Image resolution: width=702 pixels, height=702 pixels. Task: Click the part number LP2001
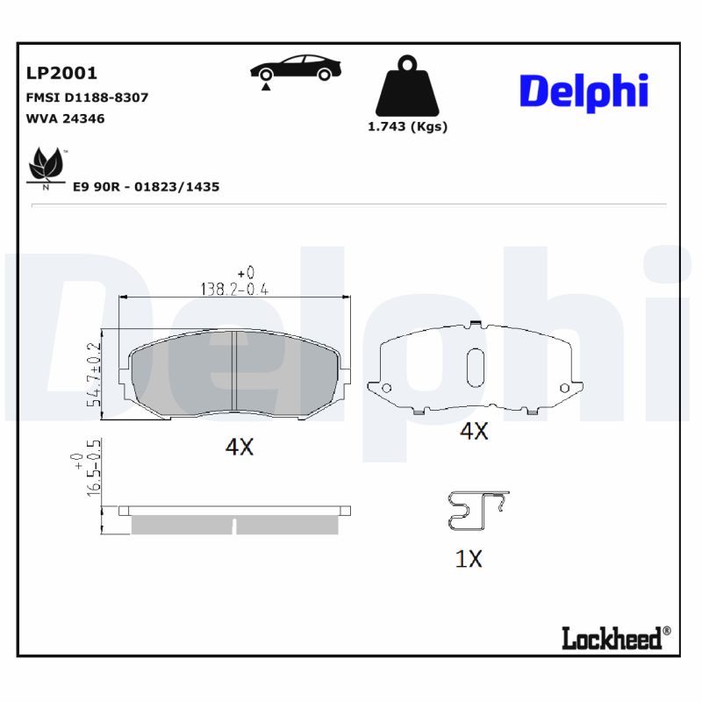tap(61, 73)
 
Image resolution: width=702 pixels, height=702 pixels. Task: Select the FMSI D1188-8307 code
tap(88, 97)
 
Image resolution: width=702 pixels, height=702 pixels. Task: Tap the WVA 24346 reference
tap(66, 118)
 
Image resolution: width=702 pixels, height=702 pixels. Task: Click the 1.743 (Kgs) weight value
tap(406, 126)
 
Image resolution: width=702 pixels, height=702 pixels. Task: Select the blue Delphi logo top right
tap(584, 92)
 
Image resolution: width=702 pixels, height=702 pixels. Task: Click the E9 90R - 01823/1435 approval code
tap(146, 187)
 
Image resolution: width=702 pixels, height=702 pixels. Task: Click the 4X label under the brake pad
tap(239, 447)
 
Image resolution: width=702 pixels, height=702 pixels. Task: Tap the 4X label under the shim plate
tap(474, 431)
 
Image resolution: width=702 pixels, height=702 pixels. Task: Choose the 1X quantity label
tap(469, 559)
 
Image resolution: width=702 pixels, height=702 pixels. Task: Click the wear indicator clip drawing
tap(476, 511)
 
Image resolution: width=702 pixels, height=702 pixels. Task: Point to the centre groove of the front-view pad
tap(234, 370)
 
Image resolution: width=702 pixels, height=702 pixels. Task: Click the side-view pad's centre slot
tap(234, 526)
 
